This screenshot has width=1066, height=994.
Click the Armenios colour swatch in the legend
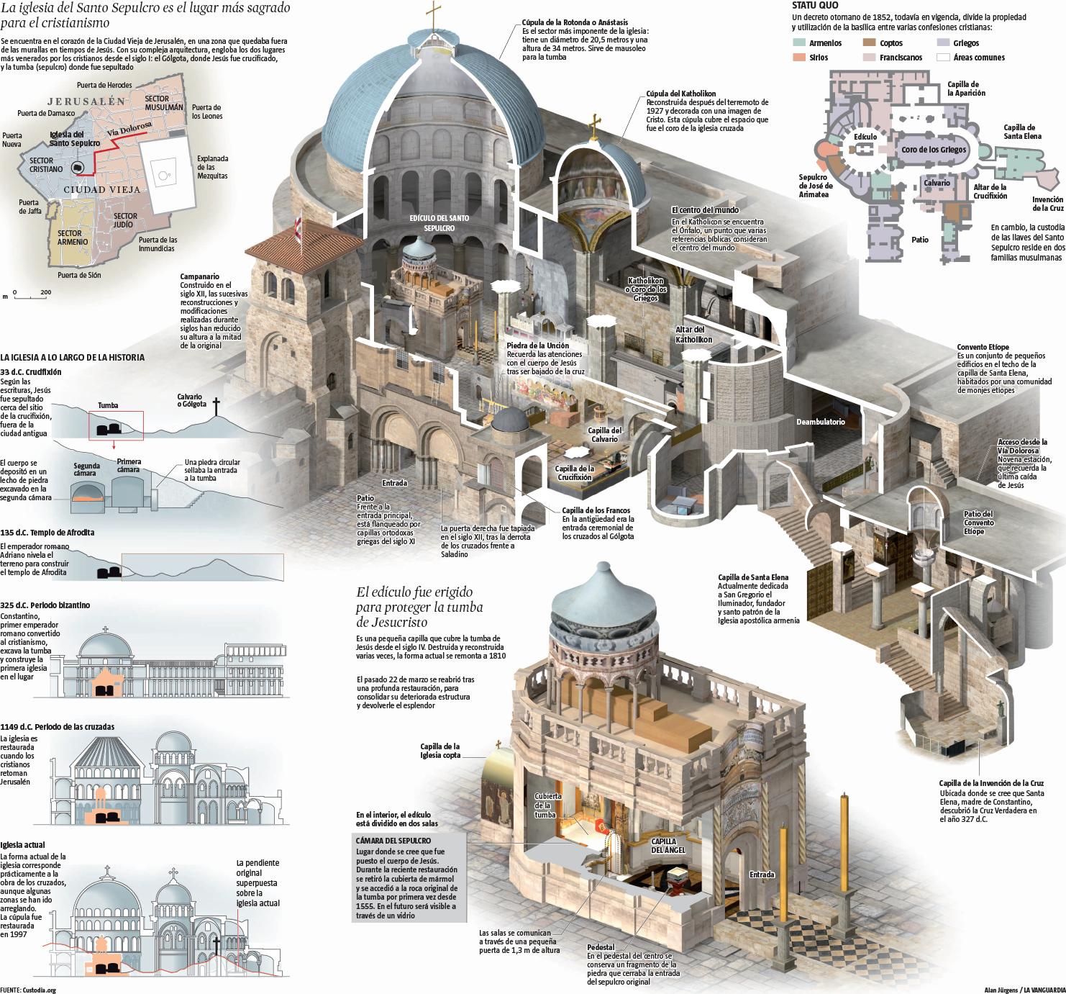coord(799,43)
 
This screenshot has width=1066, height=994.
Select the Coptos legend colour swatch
coord(870,43)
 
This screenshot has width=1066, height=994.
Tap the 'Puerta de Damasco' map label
coord(46,113)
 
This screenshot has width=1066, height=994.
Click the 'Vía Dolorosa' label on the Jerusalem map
coord(129,129)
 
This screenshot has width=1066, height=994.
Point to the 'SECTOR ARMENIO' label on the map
coord(73,238)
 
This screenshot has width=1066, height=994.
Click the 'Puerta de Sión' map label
coord(79,275)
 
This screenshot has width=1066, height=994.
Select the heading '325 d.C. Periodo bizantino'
coord(45,605)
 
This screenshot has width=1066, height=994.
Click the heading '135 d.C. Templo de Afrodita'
coord(47,533)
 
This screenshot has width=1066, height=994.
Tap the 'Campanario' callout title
coord(199,276)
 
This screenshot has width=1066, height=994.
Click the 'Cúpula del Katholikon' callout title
coord(680,94)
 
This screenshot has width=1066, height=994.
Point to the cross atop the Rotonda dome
coord(433,14)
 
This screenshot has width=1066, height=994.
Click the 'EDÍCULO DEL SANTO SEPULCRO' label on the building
coord(439,223)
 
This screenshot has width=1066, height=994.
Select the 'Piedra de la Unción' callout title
coord(537,345)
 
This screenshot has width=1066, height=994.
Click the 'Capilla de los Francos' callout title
coord(596,510)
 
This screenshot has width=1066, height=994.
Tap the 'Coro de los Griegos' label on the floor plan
coord(934,150)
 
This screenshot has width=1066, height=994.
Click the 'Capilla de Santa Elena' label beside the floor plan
coord(1022,132)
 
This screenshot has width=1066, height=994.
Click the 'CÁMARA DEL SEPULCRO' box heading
coord(393,841)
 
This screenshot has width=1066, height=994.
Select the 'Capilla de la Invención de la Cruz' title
coord(991,783)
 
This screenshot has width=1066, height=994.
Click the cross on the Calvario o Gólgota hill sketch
coord(215,406)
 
